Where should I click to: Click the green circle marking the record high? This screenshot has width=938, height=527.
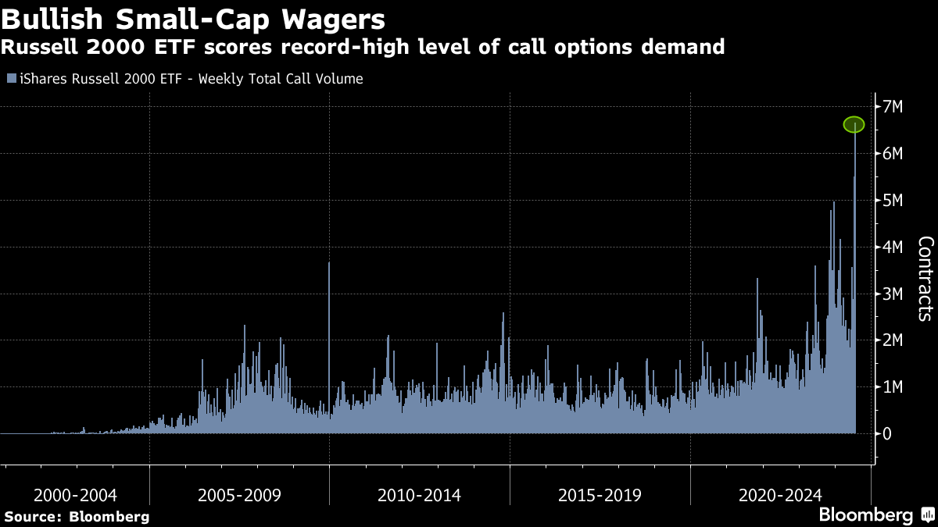pos(854,124)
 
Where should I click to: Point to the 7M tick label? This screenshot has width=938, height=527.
pos(893,107)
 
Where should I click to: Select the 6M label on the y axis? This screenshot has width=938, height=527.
pos(893,154)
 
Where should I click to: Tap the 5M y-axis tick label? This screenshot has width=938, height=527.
pos(893,201)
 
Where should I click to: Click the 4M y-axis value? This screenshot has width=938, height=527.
pos(893,247)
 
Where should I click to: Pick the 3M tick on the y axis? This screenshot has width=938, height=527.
pos(893,294)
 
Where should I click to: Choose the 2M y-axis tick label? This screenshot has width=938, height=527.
pos(893,340)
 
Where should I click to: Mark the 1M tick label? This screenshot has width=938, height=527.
pos(893,387)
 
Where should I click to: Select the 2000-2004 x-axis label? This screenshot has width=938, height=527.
pos(76,495)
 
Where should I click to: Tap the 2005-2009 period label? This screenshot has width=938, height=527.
pos(240,495)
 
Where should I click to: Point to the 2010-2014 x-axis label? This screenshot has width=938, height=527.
pos(419,495)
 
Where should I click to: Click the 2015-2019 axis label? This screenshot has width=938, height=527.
pos(600,495)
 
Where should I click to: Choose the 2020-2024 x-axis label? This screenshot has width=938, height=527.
pos(780,495)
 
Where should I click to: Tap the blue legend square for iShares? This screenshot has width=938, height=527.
pos(10,79)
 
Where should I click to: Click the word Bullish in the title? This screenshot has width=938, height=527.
pos(48,17)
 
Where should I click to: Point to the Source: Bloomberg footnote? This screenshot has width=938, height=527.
pos(77,517)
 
